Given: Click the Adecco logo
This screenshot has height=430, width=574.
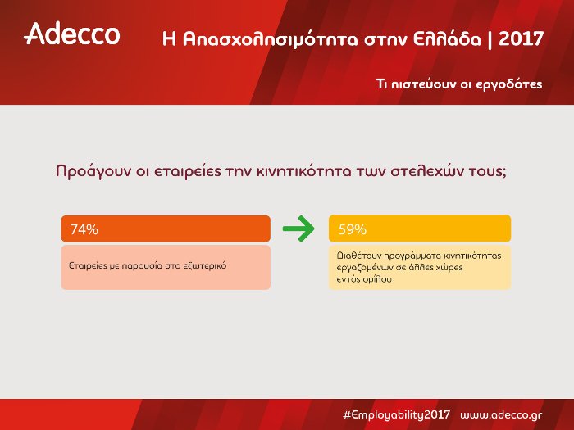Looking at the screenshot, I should coord(72,34).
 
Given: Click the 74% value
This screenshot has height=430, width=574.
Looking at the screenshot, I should coord(84,229).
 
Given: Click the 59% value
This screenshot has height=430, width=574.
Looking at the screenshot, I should coord(352,229).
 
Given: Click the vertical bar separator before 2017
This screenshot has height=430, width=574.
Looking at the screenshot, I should coord(490,38).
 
